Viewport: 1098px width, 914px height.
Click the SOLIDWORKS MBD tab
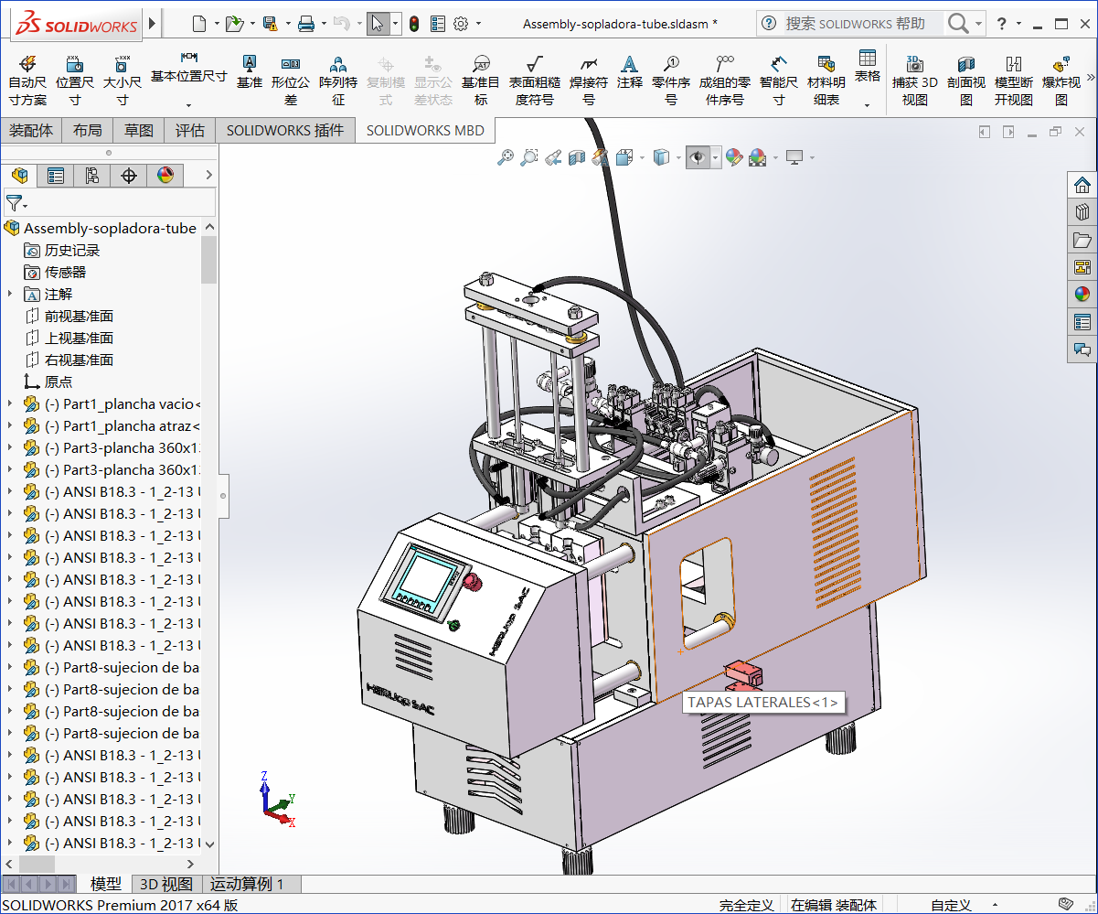[x=425, y=131]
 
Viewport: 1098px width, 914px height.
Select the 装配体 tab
[x=31, y=131]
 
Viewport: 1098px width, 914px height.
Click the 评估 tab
[x=190, y=131]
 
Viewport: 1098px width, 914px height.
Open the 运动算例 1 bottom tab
[x=247, y=884]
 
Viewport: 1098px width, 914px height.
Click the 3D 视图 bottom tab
[x=165, y=884]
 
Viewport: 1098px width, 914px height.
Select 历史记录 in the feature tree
[x=72, y=250]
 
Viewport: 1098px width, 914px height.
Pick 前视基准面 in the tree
[x=79, y=316]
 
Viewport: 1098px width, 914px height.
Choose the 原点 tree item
[x=58, y=382]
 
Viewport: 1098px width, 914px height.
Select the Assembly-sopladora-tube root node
[x=110, y=228]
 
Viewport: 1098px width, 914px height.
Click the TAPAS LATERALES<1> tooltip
[x=762, y=702]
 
